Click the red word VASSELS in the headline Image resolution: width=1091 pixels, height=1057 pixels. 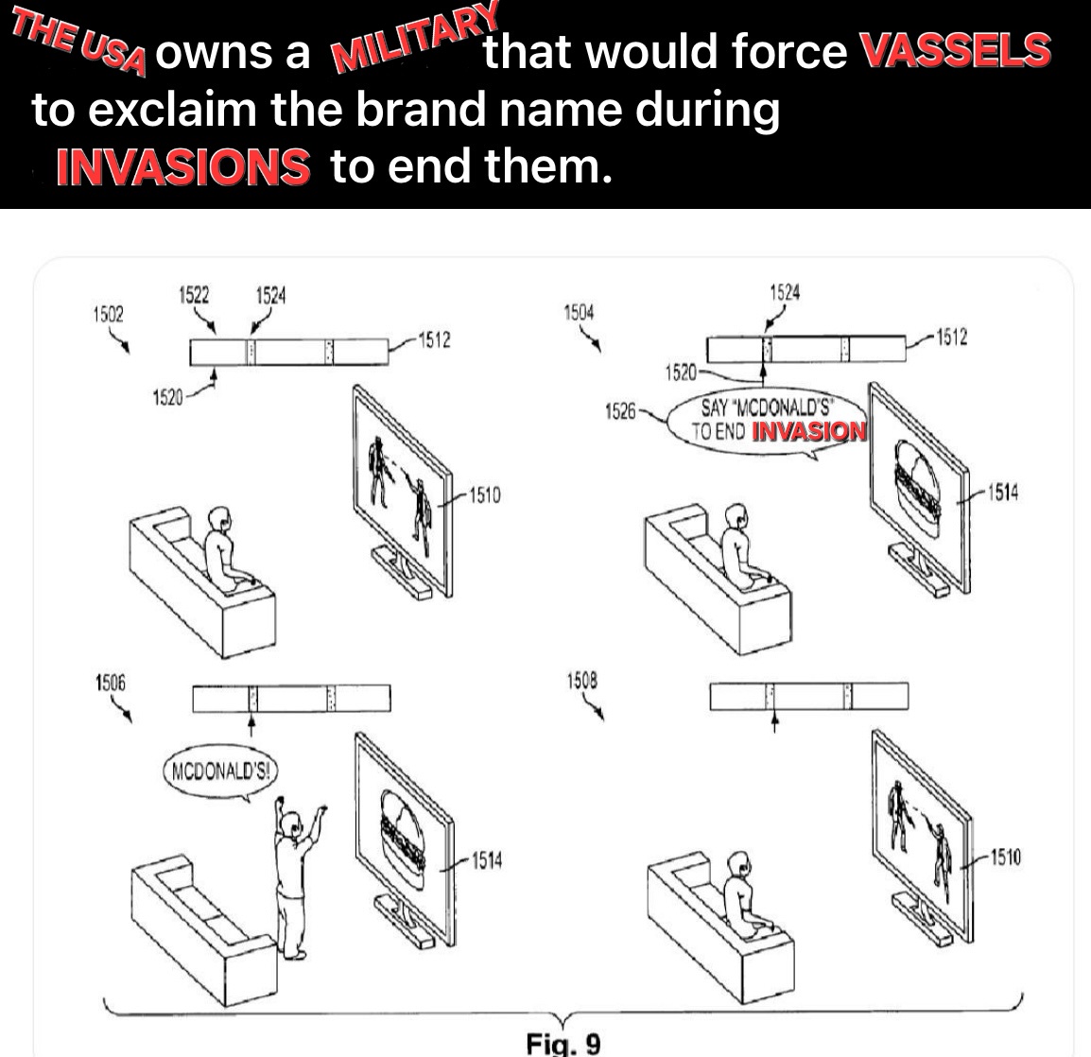(x=955, y=49)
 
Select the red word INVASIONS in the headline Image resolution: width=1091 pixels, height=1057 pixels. (x=183, y=166)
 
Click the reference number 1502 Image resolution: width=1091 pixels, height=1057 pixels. (x=108, y=315)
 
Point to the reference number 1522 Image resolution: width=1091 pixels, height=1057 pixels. (x=194, y=295)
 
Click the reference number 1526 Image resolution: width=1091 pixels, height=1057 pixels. (x=620, y=411)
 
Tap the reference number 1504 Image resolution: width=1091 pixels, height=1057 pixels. (x=579, y=312)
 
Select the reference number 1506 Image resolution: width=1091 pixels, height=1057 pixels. (x=111, y=683)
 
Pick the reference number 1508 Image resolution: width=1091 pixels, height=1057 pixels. (x=581, y=680)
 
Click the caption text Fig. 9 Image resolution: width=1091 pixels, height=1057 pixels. (x=563, y=1044)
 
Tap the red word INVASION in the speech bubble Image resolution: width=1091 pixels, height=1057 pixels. (x=809, y=431)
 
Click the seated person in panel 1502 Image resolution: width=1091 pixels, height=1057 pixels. (x=226, y=549)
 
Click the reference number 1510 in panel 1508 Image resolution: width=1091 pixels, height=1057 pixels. (x=1005, y=857)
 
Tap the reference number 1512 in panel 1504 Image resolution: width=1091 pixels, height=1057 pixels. (x=952, y=337)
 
